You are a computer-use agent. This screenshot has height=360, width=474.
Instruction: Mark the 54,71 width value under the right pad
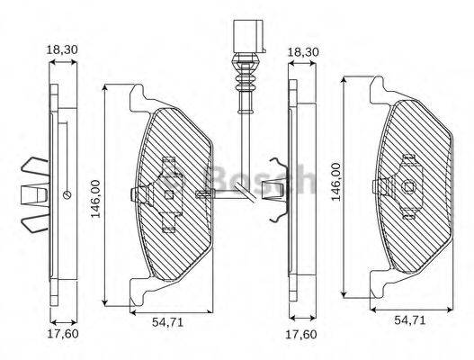coord(410,319)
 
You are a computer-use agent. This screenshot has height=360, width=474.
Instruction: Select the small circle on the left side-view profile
coord(67,193)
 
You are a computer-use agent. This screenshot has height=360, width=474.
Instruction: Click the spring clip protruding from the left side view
coord(33,193)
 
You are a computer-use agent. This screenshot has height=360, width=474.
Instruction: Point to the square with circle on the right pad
coord(408,187)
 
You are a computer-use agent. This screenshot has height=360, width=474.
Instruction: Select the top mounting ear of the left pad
coord(137,94)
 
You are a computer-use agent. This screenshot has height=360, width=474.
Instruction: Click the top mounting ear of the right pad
coord(378,86)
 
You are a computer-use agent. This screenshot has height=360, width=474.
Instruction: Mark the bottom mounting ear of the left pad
coord(137,293)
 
